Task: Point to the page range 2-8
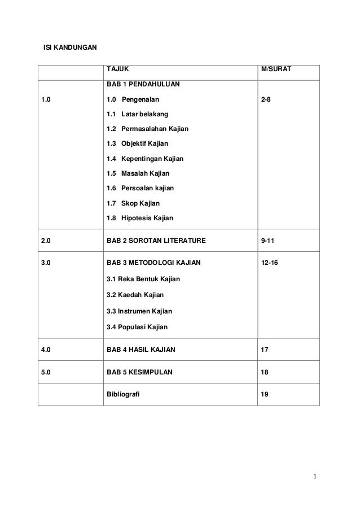(x=265, y=100)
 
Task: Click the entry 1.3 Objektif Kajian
(x=137, y=144)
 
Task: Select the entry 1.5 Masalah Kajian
(x=138, y=173)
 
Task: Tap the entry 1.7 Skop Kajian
(x=133, y=203)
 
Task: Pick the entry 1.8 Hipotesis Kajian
(x=140, y=217)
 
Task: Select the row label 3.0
(x=46, y=263)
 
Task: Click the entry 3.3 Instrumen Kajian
(x=139, y=311)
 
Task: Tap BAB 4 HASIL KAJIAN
(x=141, y=350)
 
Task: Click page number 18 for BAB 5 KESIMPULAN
(x=265, y=373)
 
